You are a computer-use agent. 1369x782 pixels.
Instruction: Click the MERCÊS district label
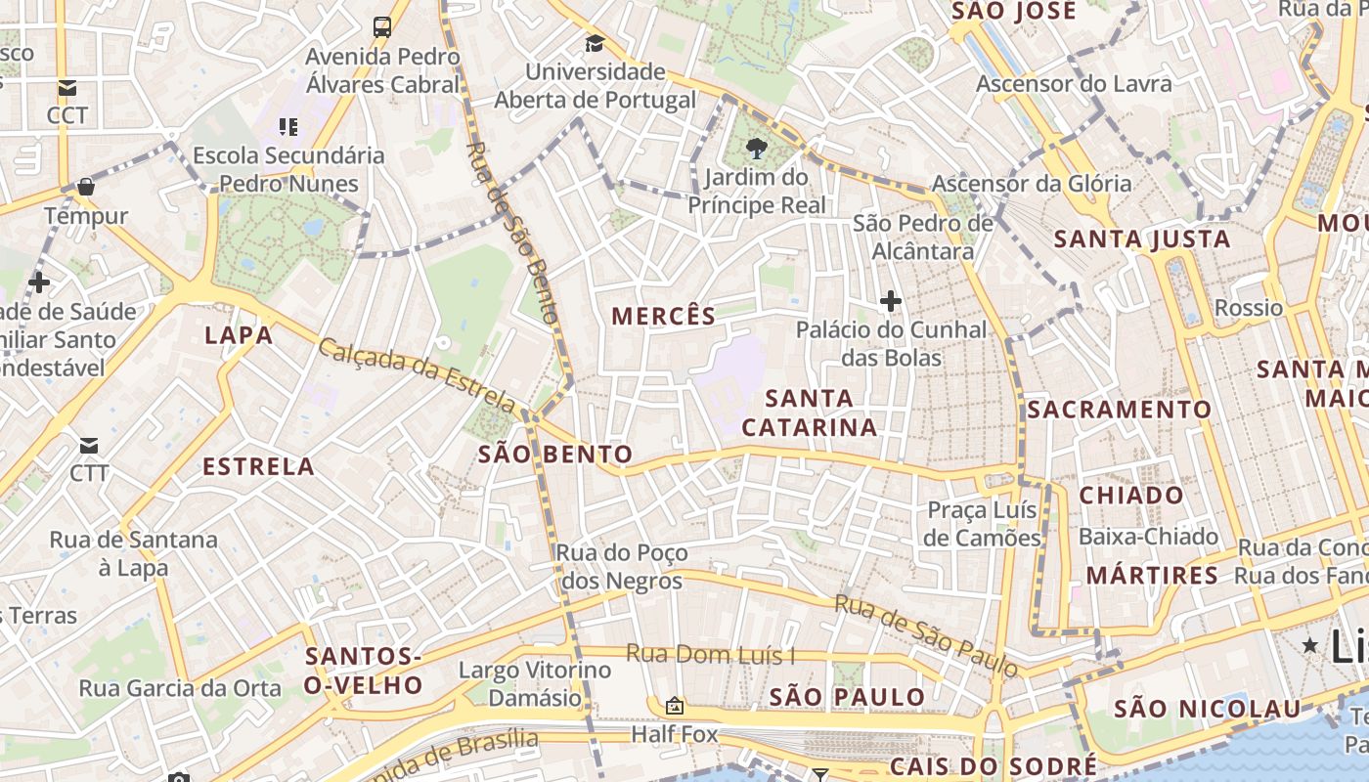663,316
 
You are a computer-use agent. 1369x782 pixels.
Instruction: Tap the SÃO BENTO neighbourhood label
555,455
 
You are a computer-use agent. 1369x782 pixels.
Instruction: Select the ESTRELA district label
258,466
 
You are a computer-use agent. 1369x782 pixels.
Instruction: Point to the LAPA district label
239,335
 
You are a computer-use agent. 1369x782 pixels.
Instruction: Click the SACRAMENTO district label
1119,410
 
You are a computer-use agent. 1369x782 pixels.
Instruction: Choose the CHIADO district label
1131,495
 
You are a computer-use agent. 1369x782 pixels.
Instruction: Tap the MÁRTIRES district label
1152,575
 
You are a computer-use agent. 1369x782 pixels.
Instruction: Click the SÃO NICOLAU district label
1208,709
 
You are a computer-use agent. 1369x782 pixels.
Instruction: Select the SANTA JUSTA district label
1141,239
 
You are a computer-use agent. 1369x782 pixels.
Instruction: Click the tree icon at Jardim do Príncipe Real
756,149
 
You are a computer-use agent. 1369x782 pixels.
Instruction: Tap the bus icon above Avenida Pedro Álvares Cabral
382,27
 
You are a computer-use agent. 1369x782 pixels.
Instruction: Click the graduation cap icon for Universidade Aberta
595,43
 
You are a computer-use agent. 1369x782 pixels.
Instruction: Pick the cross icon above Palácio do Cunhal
890,301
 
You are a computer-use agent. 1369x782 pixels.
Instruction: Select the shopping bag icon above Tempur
86,186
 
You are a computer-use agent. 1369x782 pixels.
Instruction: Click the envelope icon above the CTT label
89,446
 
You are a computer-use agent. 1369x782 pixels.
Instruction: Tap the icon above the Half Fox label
674,705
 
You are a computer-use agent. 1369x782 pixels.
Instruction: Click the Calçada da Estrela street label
418,375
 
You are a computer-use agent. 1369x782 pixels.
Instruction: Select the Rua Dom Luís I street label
710,654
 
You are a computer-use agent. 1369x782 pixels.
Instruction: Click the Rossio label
1248,308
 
